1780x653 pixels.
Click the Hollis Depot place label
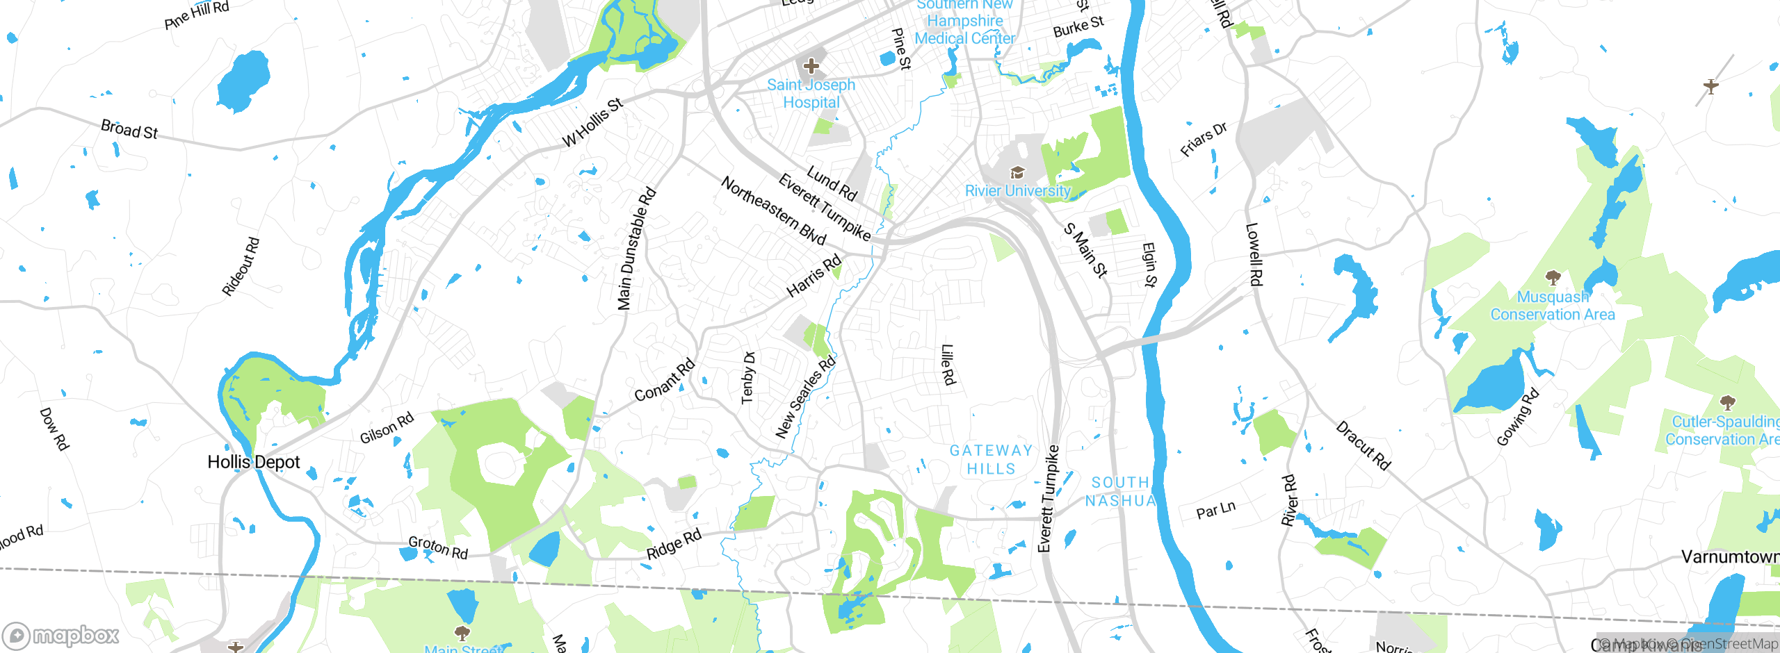pyautogui.click(x=254, y=462)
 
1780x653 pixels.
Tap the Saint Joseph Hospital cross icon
pyautogui.click(x=811, y=67)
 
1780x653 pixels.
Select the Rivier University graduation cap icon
pyautogui.click(x=1017, y=173)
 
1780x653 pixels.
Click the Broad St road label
pyautogui.click(x=129, y=129)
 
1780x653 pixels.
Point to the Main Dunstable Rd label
pyautogui.click(x=636, y=249)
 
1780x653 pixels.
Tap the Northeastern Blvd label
pyautogui.click(x=773, y=210)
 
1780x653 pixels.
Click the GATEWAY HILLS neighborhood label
pyautogui.click(x=991, y=460)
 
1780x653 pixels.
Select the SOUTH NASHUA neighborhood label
pyautogui.click(x=1120, y=491)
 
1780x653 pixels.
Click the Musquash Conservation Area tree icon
pyautogui.click(x=1553, y=279)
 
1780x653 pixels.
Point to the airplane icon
pyautogui.click(x=1711, y=86)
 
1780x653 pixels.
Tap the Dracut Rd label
pyautogui.click(x=1363, y=445)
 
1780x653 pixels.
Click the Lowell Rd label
pyautogui.click(x=1253, y=254)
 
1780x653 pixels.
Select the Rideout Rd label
pyautogui.click(x=241, y=267)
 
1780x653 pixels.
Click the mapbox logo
pyautogui.click(x=61, y=635)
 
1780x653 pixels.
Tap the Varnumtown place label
pyautogui.click(x=1730, y=556)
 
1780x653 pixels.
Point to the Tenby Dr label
pyautogui.click(x=748, y=377)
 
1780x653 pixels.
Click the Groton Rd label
pyautogui.click(x=437, y=547)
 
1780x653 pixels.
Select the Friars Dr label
pyautogui.click(x=1204, y=139)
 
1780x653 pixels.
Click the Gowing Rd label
pyautogui.click(x=1518, y=417)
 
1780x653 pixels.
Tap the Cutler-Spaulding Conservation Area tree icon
pyautogui.click(x=1727, y=402)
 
